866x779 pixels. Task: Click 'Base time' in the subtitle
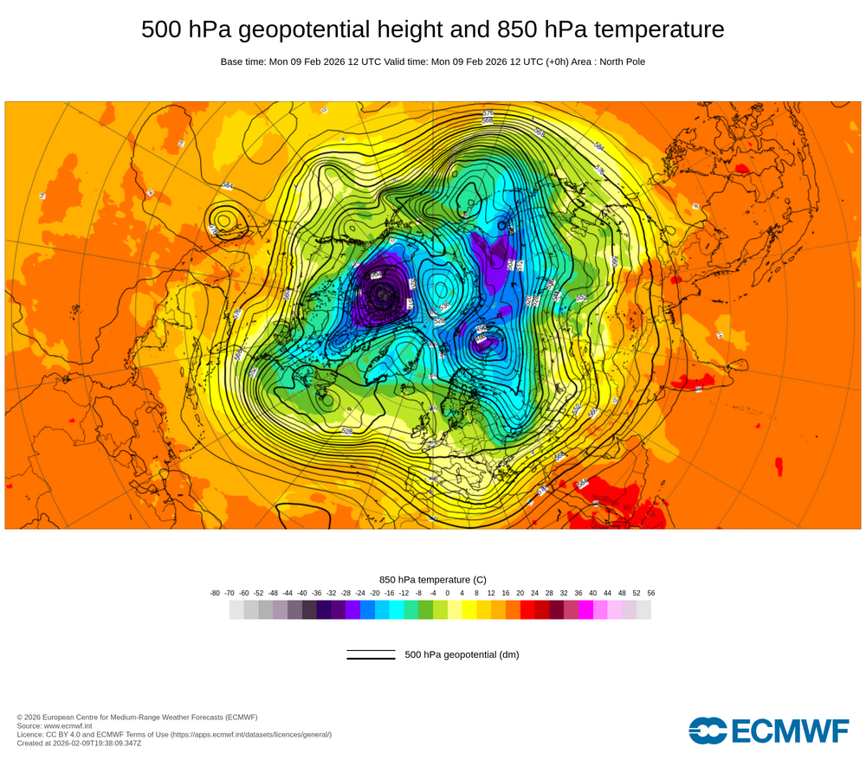coord(243,61)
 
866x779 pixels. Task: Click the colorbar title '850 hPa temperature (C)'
coord(433,579)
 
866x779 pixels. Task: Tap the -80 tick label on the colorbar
coord(215,593)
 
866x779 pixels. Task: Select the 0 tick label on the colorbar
coord(448,593)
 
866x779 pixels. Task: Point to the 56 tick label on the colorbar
coord(651,593)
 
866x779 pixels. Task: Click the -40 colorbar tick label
coord(302,593)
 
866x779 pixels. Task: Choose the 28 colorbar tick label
coord(549,593)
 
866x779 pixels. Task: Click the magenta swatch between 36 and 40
coord(585,609)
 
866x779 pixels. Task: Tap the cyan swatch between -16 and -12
coord(397,609)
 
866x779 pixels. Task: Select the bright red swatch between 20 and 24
coord(527,609)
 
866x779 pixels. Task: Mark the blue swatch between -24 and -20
coord(367,609)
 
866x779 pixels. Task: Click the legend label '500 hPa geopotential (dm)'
coord(462,654)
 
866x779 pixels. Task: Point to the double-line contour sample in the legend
coord(371,654)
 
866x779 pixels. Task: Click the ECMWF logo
coord(768,731)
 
